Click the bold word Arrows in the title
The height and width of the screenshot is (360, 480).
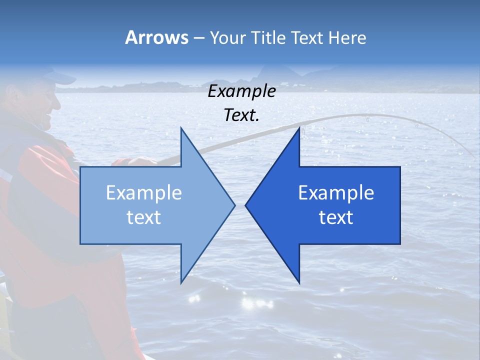pyautogui.click(x=156, y=37)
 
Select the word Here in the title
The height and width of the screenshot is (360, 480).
pyautogui.click(x=347, y=37)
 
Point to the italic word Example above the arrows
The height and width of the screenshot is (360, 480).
pyautogui.click(x=241, y=91)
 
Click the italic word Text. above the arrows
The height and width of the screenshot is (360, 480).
pyautogui.click(x=241, y=115)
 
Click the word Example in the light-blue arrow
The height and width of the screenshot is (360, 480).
pyautogui.click(x=143, y=192)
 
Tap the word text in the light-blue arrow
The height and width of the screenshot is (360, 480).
pyautogui.click(x=143, y=217)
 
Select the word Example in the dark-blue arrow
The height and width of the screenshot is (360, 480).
pyautogui.click(x=336, y=192)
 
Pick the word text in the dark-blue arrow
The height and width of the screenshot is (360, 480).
pyautogui.click(x=336, y=217)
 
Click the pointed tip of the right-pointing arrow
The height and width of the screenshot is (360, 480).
pyautogui.click(x=234, y=205)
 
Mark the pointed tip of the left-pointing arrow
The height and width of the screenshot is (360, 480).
pyautogui.click(x=246, y=205)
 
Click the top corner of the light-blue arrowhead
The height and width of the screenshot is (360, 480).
pyautogui.click(x=181, y=128)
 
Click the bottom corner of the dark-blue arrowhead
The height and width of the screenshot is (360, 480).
pyautogui.click(x=299, y=281)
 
